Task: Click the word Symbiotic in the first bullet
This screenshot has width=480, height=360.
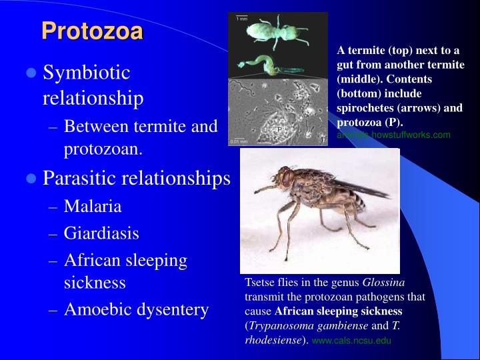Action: pos(87,73)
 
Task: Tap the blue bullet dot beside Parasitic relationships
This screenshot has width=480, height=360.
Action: pos(31,179)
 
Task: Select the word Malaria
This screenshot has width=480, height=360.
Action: pos(93,206)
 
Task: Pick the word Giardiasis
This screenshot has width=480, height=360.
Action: pos(101,233)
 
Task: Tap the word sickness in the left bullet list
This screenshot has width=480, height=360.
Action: pos(95,283)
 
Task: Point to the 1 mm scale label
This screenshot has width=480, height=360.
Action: pos(241,19)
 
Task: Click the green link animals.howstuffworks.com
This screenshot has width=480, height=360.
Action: pos(393,135)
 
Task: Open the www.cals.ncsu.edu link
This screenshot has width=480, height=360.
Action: pos(351,340)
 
